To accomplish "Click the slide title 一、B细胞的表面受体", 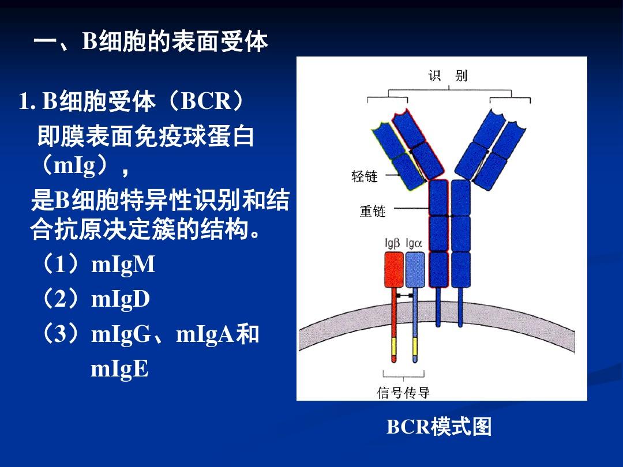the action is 151,42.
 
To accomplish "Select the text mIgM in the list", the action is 123,265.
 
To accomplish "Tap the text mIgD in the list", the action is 121,299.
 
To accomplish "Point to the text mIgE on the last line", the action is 119,369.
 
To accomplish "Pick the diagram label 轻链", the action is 364,176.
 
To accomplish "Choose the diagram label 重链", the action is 372,211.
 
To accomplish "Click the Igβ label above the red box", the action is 393,243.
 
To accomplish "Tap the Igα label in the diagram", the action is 414,243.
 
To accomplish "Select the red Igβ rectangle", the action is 394,270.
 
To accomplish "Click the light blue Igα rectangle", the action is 415,270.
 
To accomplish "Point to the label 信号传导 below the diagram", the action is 403,393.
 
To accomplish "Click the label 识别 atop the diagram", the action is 448,75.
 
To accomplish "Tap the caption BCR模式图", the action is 439,427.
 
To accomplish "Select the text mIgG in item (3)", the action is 121,334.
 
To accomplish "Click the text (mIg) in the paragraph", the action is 74,165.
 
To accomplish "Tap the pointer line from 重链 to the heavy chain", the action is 411,208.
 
